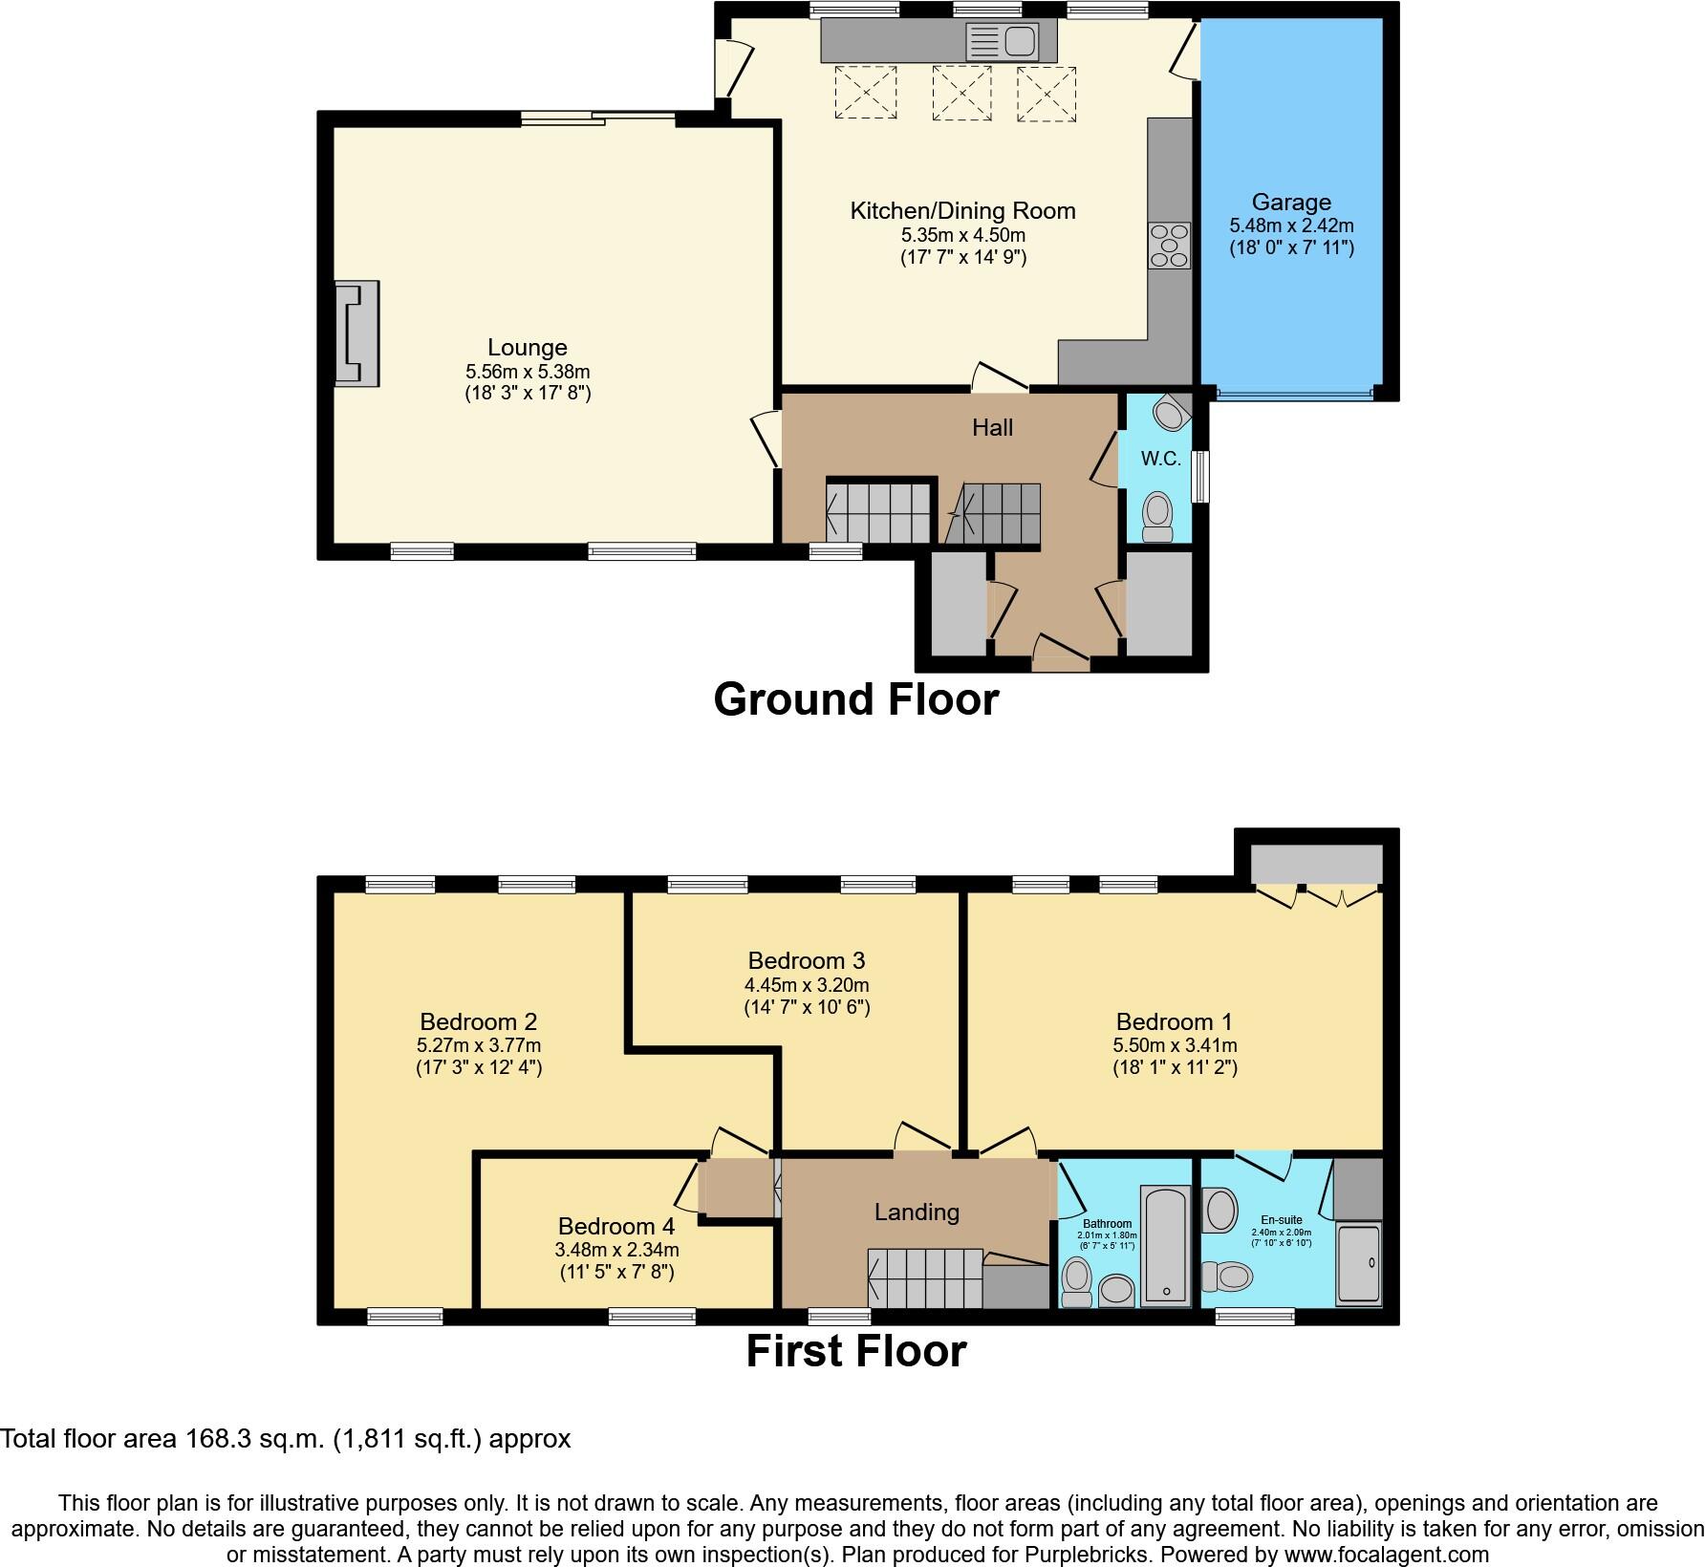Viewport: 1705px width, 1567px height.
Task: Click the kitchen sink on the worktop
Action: pyautogui.click(x=1002, y=41)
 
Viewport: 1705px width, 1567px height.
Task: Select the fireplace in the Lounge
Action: pyautogui.click(x=356, y=333)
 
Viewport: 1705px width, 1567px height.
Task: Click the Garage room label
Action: pyautogui.click(x=1291, y=203)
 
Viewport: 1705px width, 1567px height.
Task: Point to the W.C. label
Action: pyautogui.click(x=1161, y=460)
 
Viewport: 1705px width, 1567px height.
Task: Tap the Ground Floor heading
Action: pyautogui.click(x=855, y=699)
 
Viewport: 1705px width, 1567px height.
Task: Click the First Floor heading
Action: pyautogui.click(x=855, y=1352)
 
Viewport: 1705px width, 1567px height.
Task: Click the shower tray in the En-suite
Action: pyautogui.click(x=1358, y=1263)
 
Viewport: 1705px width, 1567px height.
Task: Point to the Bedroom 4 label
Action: pyautogui.click(x=616, y=1226)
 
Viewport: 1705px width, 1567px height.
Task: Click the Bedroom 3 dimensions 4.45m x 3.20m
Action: pyautogui.click(x=807, y=985)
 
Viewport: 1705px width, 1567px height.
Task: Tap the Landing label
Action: pyautogui.click(x=917, y=1213)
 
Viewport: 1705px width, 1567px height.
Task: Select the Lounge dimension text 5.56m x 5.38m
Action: pyautogui.click(x=528, y=372)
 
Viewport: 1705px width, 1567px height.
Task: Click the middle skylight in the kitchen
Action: pyautogui.click(x=961, y=93)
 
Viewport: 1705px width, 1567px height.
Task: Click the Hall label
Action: pyautogui.click(x=992, y=428)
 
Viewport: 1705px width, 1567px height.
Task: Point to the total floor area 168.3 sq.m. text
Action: pyautogui.click(x=285, y=1439)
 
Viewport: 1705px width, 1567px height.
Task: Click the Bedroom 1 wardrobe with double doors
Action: pyautogui.click(x=1317, y=865)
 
